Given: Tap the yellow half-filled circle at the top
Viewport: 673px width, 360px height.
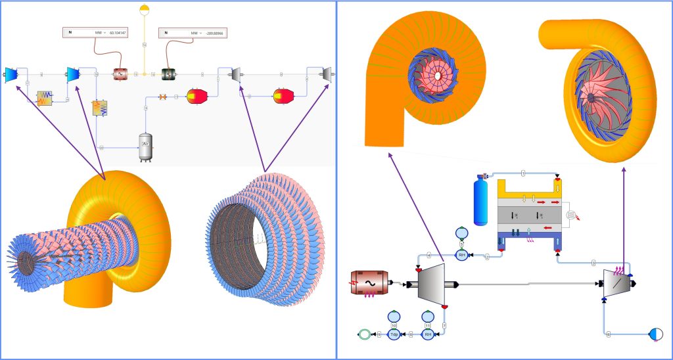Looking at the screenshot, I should pos(145,9).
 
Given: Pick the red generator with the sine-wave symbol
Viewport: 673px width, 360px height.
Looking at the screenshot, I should pos(120,75).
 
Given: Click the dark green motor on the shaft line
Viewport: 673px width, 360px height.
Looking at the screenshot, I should pos(168,75).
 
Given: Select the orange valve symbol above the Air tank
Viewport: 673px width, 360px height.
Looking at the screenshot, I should pos(162,97).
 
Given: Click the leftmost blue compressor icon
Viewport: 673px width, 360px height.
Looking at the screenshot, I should pos(11,74).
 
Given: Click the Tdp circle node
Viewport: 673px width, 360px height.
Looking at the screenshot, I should pos(394,334).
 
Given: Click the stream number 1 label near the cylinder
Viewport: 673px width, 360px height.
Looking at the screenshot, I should pos(523,173).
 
